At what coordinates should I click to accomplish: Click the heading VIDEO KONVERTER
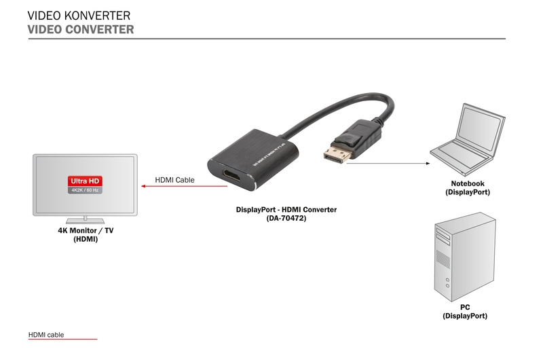[79, 15]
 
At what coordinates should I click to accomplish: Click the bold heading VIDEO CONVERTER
[80, 30]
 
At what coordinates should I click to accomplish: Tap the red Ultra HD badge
[86, 181]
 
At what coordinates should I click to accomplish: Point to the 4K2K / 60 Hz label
[86, 190]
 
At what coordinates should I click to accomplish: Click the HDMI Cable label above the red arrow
[174, 180]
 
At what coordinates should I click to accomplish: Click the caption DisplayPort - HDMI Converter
[286, 210]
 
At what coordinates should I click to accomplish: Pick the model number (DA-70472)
[286, 218]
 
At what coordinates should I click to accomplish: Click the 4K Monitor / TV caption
[86, 231]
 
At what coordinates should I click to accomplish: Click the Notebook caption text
[468, 184]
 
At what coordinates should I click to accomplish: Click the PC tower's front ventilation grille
[443, 259]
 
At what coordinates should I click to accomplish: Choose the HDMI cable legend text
[46, 335]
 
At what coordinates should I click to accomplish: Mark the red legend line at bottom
[62, 339]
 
